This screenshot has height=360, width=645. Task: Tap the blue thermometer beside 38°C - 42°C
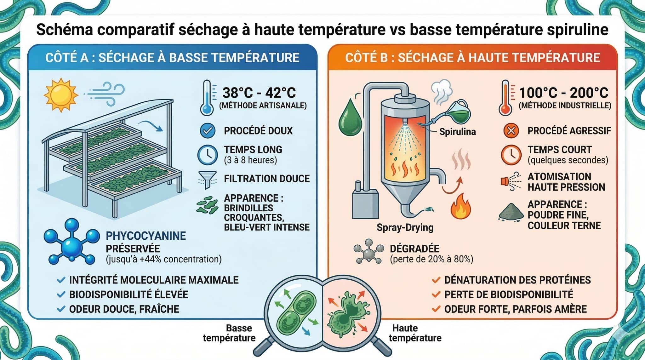(207, 98)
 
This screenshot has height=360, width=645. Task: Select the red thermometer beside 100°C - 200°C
(506, 98)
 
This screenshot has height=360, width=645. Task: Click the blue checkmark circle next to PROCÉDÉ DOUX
(208, 131)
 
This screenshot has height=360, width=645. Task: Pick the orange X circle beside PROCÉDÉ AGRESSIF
(511, 131)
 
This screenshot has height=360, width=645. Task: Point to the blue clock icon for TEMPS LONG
(207, 155)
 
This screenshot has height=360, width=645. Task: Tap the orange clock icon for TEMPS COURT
(511, 155)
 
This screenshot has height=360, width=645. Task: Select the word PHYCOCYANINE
(146, 236)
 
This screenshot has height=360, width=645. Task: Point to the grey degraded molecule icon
(369, 251)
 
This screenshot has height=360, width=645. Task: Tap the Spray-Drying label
(405, 227)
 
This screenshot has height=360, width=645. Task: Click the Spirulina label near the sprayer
(457, 131)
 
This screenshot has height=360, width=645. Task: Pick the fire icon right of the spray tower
(461, 206)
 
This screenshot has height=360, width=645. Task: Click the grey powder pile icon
(511, 212)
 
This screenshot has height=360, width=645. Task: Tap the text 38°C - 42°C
(259, 93)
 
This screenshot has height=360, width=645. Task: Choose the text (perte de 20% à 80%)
(431, 259)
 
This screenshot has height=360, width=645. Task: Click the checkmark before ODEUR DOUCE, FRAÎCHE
(61, 309)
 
